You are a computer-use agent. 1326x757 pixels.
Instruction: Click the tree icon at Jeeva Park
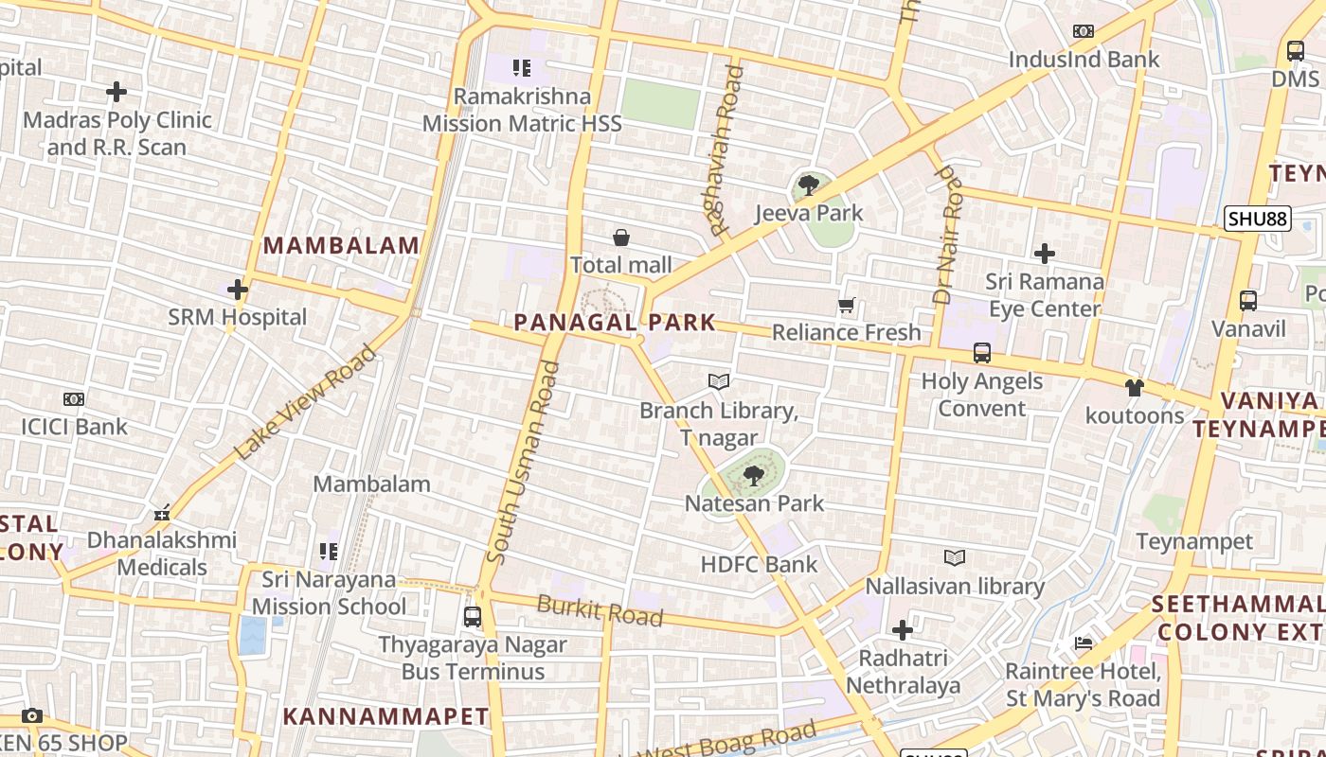coord(808,185)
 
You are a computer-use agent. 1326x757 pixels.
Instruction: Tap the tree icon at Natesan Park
coord(754,475)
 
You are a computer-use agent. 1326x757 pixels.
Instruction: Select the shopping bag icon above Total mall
coord(621,238)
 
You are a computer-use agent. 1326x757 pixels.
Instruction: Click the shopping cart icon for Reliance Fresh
coord(847,305)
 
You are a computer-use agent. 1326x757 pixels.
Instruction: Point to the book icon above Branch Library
coord(719,381)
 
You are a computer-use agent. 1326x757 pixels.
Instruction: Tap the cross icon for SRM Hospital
coord(238,290)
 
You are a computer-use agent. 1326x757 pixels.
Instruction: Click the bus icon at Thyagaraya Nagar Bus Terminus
coord(472,617)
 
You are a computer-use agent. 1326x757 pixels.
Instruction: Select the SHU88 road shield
coord(1257,220)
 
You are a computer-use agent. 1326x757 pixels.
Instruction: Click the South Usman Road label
coord(523,462)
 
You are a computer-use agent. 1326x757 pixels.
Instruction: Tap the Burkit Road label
coord(600,610)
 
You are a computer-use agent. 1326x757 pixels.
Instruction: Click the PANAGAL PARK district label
coord(615,323)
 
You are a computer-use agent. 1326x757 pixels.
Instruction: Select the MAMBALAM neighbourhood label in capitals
coord(341,245)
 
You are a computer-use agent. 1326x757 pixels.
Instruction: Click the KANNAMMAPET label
coord(385,716)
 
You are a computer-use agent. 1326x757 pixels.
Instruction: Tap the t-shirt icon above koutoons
coord(1134,387)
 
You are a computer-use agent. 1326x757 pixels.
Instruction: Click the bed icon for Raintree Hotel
coord(1084,643)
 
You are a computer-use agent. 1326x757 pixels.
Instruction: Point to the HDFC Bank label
coord(759,565)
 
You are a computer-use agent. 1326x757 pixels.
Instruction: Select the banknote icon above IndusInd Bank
coord(1084,31)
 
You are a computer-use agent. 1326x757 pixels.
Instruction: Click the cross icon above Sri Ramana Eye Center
coord(1045,254)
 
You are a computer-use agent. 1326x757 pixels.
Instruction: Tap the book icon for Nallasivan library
coord(955,558)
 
